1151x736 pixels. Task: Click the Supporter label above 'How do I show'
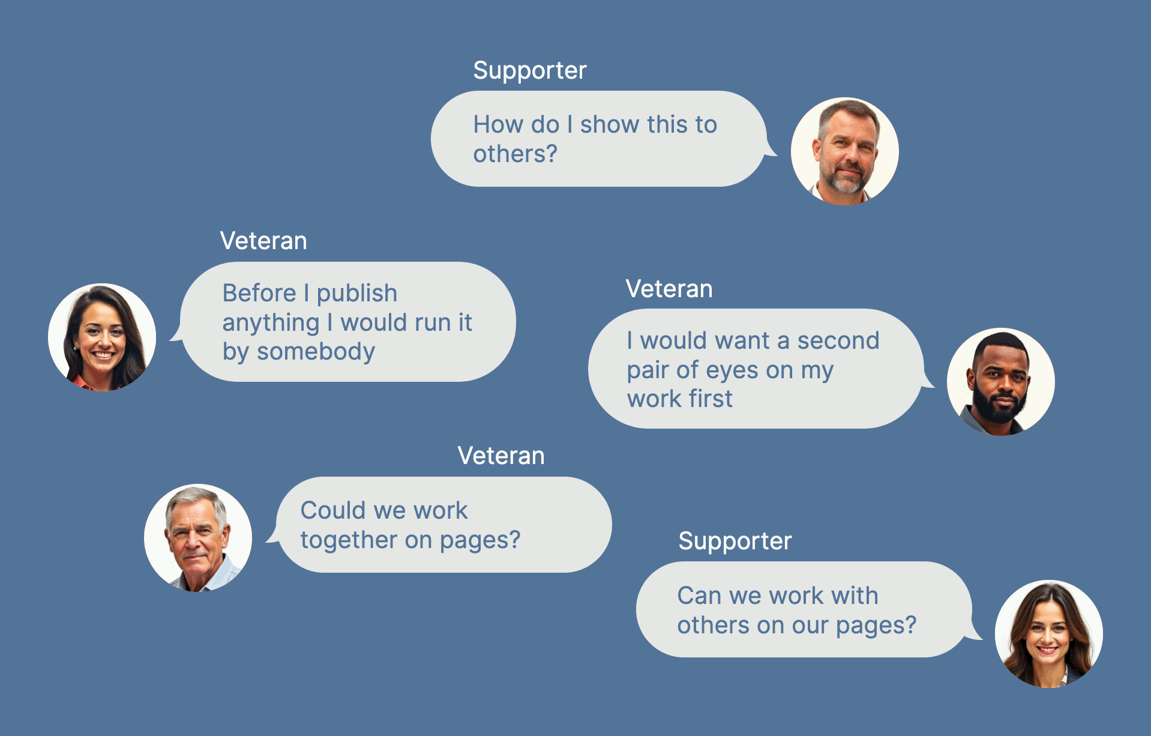pyautogui.click(x=529, y=71)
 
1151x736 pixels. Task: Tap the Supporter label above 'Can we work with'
pyautogui.click(x=735, y=541)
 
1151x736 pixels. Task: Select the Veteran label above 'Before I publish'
pyautogui.click(x=263, y=241)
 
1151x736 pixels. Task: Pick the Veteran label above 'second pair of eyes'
pyautogui.click(x=669, y=289)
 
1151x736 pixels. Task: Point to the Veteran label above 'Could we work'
pyautogui.click(x=501, y=456)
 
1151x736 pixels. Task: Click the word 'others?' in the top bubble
pyautogui.click(x=515, y=154)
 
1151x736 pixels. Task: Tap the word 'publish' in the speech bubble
pyautogui.click(x=357, y=294)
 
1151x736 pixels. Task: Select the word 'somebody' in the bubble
pyautogui.click(x=316, y=352)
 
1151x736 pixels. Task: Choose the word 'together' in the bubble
pyautogui.click(x=348, y=540)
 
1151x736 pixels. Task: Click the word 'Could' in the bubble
pyautogui.click(x=332, y=511)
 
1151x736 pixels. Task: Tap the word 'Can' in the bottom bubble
pyautogui.click(x=699, y=596)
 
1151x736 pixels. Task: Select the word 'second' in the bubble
pyautogui.click(x=838, y=341)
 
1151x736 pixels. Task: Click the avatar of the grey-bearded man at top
pyautogui.click(x=844, y=151)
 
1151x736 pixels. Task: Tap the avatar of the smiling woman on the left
pyautogui.click(x=102, y=337)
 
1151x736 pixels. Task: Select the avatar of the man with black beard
pyautogui.click(x=1000, y=382)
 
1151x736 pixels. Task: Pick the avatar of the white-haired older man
pyautogui.click(x=198, y=538)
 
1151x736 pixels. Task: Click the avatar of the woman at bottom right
pyautogui.click(x=1048, y=634)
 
